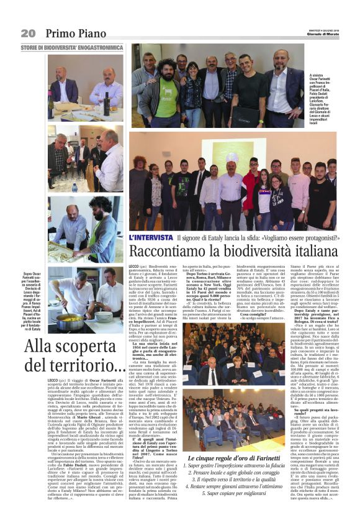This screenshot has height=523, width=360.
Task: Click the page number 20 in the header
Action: tap(27, 32)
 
